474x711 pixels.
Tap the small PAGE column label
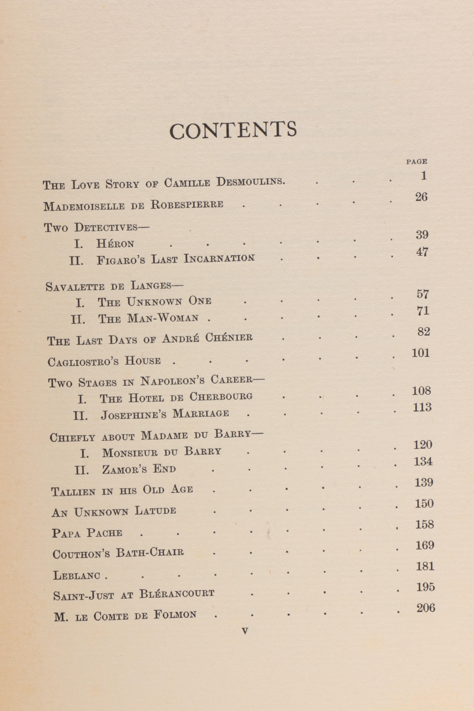[416, 162]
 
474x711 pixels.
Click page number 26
[421, 197]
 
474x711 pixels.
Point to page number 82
[423, 332]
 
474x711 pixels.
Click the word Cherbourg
[221, 397]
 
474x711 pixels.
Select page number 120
[423, 445]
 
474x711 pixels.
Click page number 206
[426, 608]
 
